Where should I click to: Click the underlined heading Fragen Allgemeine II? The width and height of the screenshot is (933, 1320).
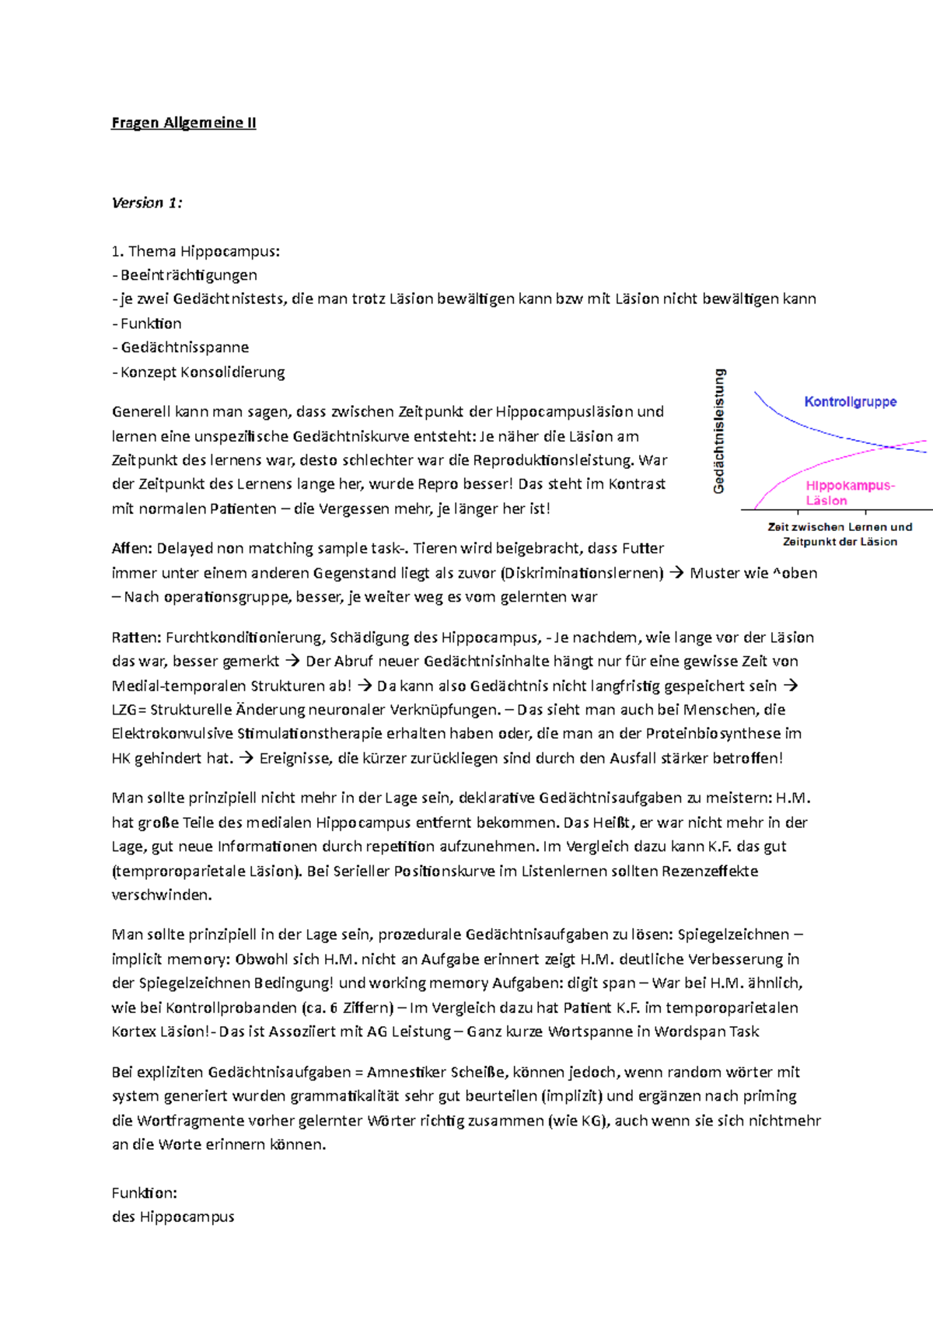(x=183, y=123)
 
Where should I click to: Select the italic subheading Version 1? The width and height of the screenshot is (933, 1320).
(x=147, y=203)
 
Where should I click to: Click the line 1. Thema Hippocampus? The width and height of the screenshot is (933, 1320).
(x=195, y=251)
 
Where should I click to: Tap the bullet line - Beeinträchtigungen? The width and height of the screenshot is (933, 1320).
(x=184, y=275)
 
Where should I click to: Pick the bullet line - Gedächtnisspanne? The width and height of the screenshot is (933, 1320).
(x=180, y=347)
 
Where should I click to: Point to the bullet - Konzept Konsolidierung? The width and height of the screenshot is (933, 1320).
(x=198, y=372)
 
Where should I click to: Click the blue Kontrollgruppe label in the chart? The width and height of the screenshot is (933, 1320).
(x=850, y=402)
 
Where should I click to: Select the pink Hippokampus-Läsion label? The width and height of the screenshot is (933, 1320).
(x=849, y=493)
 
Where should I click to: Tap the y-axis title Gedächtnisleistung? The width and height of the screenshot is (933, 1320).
(x=719, y=431)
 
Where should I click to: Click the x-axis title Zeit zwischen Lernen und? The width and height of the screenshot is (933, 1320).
(x=840, y=527)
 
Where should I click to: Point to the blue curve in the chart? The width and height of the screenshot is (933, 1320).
(x=809, y=428)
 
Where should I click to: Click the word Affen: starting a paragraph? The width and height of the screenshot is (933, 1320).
(x=132, y=549)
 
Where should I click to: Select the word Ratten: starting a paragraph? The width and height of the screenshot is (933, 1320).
(x=137, y=637)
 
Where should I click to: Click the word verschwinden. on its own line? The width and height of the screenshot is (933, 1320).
(x=162, y=895)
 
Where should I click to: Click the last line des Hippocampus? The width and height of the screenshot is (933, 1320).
(x=173, y=1217)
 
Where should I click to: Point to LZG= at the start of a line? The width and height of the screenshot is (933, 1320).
(x=128, y=710)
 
